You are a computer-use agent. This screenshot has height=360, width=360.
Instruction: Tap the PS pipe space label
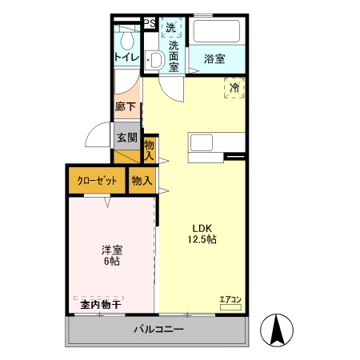click(x=149, y=24)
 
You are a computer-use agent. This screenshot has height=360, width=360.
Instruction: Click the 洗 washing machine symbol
click(x=171, y=28)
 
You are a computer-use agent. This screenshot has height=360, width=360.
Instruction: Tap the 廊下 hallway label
click(x=125, y=106)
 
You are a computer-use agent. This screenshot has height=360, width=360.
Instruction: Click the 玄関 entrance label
click(x=126, y=137)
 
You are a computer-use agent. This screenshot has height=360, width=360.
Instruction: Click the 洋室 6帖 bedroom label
click(x=111, y=255)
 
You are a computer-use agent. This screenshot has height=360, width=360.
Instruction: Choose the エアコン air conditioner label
click(x=230, y=300)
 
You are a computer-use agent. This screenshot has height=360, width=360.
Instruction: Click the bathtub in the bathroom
click(x=215, y=32)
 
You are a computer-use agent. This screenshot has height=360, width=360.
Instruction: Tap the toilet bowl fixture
click(x=155, y=58)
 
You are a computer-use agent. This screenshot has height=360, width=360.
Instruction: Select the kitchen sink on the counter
click(x=200, y=142)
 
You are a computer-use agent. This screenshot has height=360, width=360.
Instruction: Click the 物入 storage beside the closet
click(x=142, y=181)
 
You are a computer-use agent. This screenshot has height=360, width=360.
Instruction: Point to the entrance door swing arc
click(x=98, y=136)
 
